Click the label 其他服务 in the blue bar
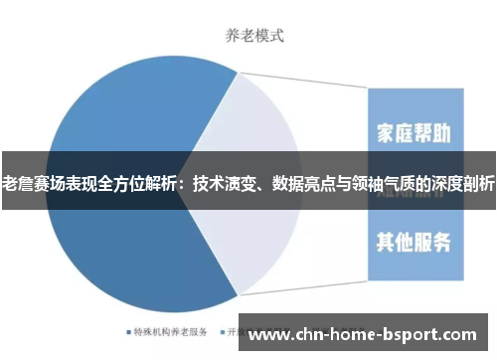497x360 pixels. (414, 242)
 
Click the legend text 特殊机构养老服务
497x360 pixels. (170, 332)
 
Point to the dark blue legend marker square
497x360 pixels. (129, 332)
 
